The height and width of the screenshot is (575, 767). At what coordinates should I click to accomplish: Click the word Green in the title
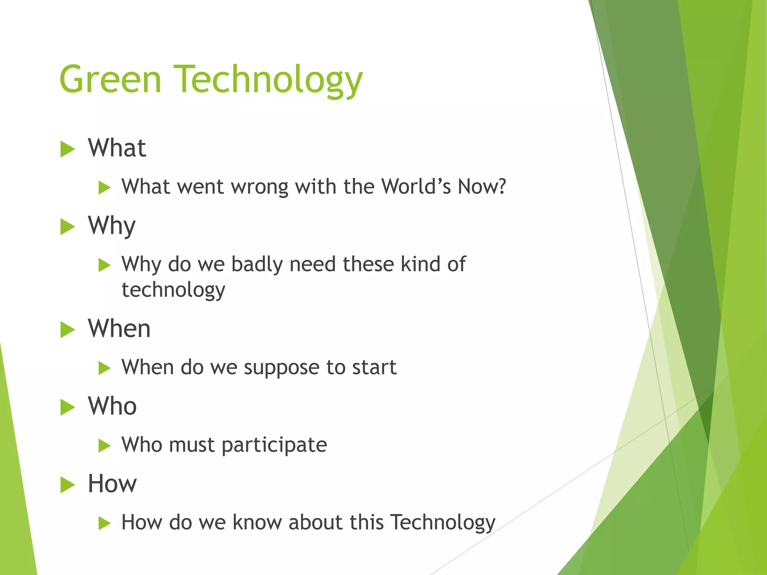(110, 79)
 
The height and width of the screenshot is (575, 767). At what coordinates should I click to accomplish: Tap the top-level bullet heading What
(117, 148)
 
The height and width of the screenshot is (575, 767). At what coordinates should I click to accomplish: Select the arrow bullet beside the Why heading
(67, 227)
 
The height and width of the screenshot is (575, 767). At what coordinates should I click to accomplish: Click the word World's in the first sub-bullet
(416, 186)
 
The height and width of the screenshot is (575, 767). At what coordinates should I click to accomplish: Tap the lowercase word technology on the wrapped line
(173, 290)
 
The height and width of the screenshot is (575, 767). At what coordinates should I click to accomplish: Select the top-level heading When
(119, 329)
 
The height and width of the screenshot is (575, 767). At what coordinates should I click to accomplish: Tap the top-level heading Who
(112, 407)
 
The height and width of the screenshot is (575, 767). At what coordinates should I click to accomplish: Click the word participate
(274, 445)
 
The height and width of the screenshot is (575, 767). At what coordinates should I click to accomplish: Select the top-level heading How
(112, 484)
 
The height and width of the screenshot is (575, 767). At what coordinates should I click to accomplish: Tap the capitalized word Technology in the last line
(443, 523)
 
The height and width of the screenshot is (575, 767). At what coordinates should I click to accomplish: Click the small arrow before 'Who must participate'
(104, 446)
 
